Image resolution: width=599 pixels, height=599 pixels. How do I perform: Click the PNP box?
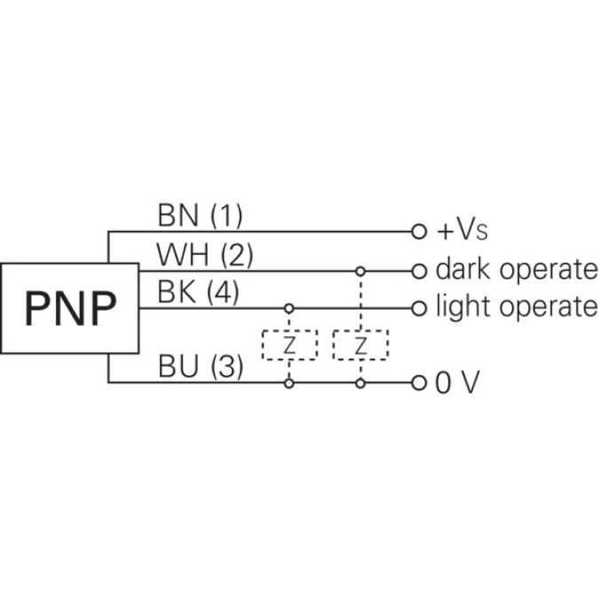coord(70,308)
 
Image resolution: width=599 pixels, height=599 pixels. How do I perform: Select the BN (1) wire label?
coord(200,215)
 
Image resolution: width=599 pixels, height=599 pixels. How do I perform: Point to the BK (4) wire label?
coord(198,292)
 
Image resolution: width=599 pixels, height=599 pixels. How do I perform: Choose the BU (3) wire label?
coord(201,366)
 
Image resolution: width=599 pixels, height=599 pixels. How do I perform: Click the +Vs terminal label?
coord(461,233)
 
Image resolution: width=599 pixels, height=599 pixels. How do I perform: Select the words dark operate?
coord(516,270)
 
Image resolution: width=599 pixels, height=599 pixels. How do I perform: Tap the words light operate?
coord(516,308)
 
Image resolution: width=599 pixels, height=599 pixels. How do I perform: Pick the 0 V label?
coord(457,383)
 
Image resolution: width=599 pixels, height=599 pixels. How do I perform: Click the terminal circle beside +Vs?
coord(419,232)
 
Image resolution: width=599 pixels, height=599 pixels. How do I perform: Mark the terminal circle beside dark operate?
coord(419,270)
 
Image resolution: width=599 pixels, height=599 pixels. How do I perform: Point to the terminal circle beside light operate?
coord(419,308)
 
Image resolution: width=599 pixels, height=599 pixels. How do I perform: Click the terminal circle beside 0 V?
coord(419,383)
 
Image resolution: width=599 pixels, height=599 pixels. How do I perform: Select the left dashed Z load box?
coord(288,345)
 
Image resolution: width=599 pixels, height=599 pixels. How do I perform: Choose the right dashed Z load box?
coord(359,345)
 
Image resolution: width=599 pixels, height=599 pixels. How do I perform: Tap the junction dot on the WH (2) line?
coord(359,270)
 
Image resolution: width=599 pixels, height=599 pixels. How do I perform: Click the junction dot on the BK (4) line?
coord(288,308)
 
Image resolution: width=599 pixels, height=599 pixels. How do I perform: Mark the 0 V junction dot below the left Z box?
coord(288,383)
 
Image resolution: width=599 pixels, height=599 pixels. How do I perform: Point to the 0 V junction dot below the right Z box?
coord(359,383)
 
